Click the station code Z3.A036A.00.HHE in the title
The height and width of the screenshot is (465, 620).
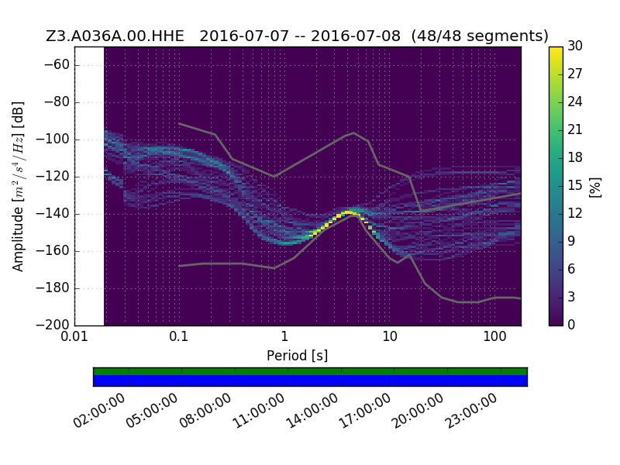115,36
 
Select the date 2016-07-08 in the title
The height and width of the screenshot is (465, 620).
356,36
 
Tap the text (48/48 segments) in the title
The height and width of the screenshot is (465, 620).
480,36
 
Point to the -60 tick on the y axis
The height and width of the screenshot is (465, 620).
57,65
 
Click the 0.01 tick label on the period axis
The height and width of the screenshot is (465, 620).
74,336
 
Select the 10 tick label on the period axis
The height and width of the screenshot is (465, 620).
390,336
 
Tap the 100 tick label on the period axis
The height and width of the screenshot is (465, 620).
494,336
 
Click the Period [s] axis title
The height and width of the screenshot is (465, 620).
298,356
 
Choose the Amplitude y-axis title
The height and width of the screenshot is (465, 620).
18,187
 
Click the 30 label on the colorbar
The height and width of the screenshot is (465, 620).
575,46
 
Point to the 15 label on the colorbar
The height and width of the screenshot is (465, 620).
575,185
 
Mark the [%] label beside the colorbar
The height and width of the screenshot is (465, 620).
595,187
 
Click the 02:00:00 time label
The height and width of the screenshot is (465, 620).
99,411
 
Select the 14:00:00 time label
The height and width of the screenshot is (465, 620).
312,411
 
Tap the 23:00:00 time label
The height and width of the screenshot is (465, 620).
470,411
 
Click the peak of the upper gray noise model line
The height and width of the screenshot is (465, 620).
354,133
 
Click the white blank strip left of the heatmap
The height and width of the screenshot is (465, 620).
90,186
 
